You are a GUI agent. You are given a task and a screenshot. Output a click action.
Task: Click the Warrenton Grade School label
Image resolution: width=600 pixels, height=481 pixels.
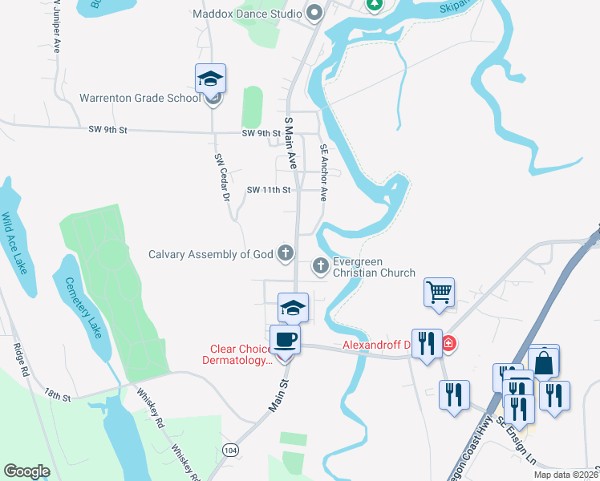[140, 99]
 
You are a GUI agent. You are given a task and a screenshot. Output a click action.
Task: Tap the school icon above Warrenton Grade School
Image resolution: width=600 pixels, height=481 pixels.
[210, 79]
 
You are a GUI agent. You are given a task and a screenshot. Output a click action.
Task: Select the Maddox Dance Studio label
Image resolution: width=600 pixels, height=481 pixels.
[247, 14]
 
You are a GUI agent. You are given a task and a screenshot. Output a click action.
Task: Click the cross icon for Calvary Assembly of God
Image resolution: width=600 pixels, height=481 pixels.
[285, 254]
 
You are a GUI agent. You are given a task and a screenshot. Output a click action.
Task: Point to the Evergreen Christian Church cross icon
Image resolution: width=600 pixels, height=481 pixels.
[320, 265]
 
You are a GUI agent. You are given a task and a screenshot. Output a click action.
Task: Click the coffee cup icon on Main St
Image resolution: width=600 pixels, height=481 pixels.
[286, 340]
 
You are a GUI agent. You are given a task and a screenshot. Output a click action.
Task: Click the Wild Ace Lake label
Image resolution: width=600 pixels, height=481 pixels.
[17, 243]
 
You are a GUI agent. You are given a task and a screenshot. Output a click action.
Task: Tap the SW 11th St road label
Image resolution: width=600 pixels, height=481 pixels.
[269, 190]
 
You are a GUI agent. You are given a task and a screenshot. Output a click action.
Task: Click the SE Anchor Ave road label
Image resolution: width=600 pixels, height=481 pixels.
[324, 172]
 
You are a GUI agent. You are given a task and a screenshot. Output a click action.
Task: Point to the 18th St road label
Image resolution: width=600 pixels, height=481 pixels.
[58, 396]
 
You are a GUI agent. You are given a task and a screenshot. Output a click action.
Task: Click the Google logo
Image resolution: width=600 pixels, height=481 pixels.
[26, 471]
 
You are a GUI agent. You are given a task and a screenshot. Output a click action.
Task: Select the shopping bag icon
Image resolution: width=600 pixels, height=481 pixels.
[543, 362]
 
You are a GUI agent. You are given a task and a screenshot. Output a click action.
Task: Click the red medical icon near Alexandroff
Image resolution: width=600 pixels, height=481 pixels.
[448, 344]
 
